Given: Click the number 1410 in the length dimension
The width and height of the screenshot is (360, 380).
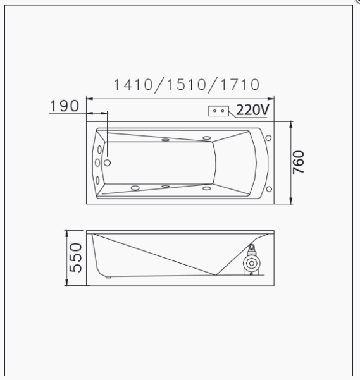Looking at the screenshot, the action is point(133,85).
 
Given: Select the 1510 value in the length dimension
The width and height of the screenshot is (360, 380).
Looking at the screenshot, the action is point(187,85).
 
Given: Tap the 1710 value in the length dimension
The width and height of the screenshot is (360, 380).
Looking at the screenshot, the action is point(240,85).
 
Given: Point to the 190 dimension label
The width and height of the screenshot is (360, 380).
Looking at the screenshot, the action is point(65,106).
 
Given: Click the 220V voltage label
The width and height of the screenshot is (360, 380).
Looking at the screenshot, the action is point(252,109).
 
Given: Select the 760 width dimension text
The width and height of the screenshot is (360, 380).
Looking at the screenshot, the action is point(299,162).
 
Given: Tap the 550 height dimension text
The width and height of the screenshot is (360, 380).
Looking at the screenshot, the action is point(76,257).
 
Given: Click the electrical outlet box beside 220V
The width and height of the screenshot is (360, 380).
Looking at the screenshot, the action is point(218,111).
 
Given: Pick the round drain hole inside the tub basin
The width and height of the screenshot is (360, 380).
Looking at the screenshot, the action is point(107,162).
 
